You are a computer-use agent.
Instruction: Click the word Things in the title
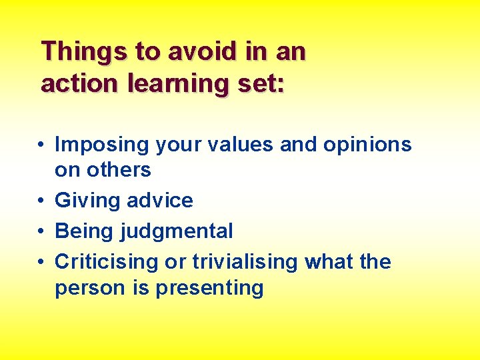pos(79,51)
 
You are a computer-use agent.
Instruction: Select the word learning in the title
pos(171,83)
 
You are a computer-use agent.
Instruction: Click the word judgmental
pos(177,231)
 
